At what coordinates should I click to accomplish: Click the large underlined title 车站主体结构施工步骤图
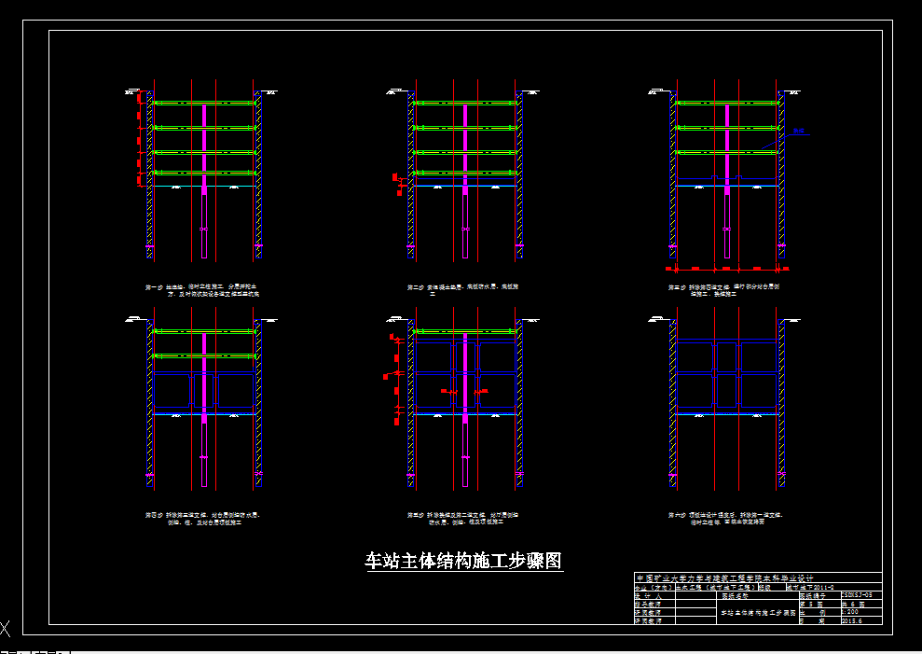[x=463, y=561]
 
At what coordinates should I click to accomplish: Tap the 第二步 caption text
[x=463, y=289]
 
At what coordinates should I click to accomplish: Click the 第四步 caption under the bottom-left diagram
[x=201, y=518]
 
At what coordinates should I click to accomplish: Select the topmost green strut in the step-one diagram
[x=204, y=103]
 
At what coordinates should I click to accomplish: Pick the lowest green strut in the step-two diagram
[x=463, y=173]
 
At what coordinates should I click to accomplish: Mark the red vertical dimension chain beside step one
[x=140, y=140]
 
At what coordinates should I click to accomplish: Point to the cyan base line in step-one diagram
[x=204, y=187]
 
